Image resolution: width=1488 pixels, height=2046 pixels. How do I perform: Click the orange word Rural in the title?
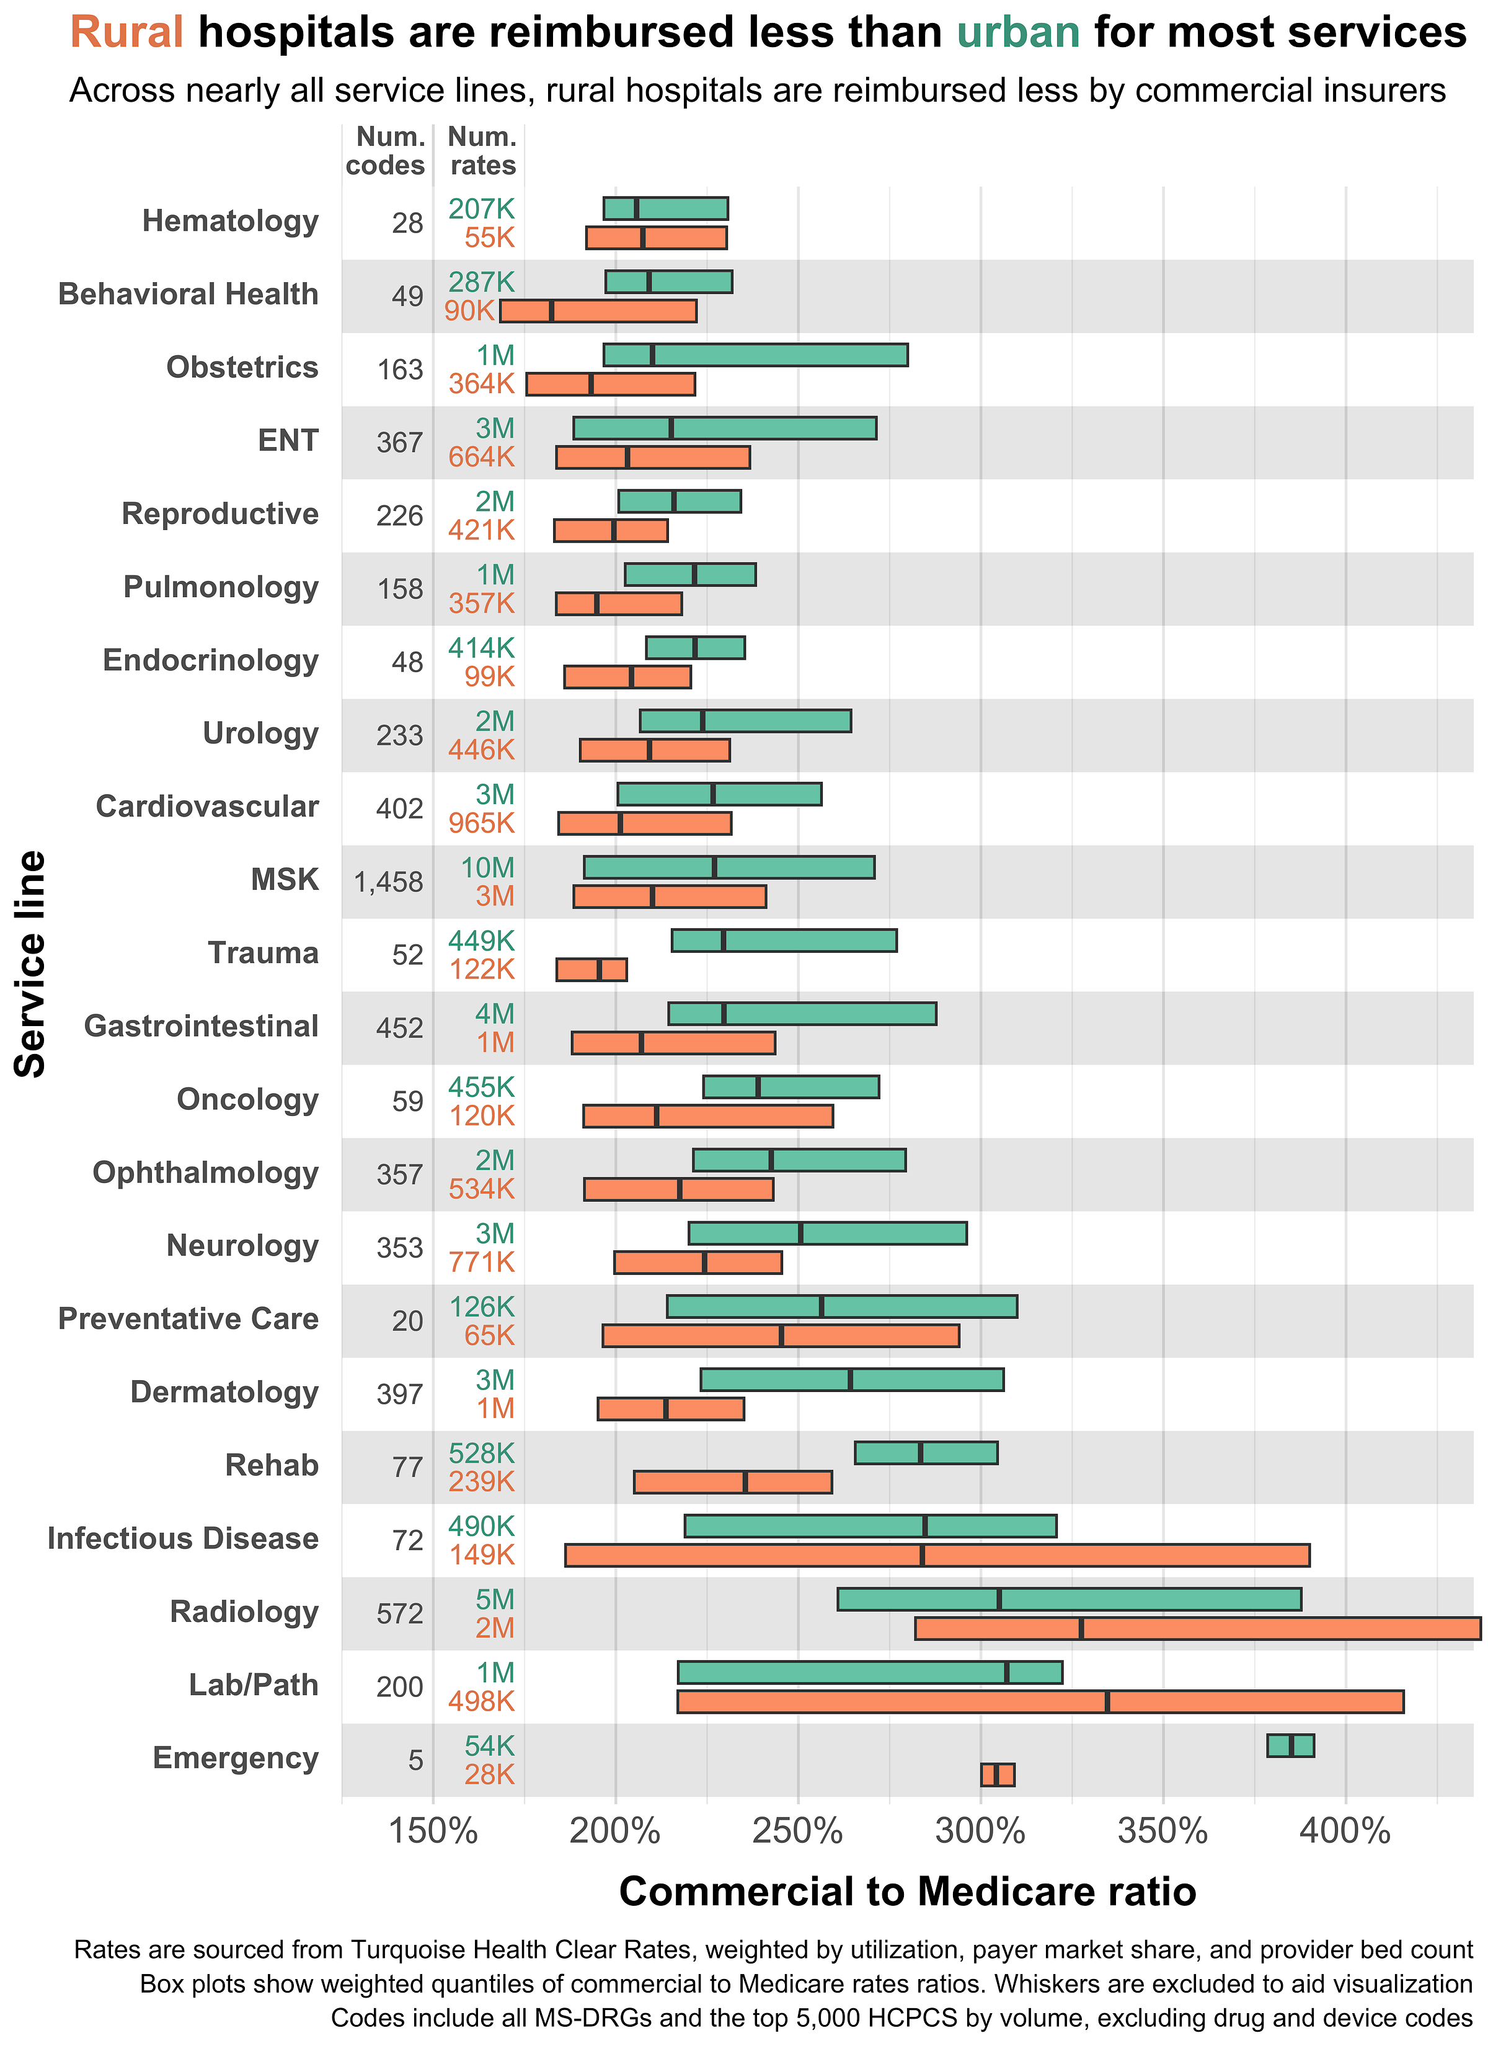127,33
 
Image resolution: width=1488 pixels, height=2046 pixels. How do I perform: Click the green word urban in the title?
1018,33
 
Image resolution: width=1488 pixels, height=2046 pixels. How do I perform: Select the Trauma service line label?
263,954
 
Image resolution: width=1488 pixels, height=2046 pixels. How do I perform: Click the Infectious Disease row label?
183,1538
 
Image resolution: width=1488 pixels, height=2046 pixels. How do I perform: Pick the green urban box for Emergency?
1290,1745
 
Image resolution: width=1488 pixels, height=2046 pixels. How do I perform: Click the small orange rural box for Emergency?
997,1774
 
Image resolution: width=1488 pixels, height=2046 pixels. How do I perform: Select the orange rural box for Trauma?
591,970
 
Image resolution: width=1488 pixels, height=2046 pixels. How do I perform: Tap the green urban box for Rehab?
926,1453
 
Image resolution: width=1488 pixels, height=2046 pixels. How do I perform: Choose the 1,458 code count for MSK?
389,882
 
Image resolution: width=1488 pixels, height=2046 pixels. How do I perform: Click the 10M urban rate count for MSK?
487,868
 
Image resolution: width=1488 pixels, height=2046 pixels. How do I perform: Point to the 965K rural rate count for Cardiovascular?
482,823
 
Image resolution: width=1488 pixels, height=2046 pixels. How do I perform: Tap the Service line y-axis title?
30,963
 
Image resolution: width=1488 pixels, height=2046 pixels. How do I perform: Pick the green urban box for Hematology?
665,208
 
